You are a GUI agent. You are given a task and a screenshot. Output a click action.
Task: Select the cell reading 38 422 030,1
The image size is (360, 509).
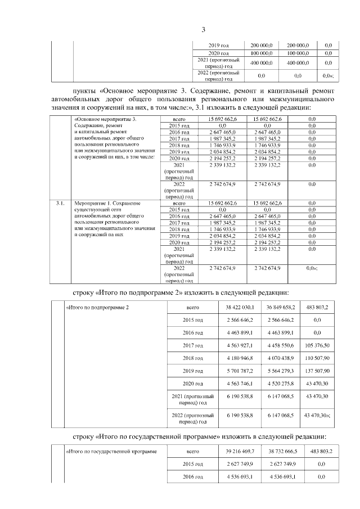[240, 308]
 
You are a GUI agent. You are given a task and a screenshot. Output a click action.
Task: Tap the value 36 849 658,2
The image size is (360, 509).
[281, 308]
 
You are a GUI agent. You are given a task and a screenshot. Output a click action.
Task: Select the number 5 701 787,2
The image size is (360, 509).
[240, 371]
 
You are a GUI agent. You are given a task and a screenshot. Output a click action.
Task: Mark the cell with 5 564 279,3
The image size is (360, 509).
[281, 371]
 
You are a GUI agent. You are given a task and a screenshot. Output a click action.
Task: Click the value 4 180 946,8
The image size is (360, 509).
[240, 358]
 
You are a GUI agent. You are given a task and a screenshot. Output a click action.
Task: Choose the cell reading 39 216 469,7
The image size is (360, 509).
[240, 451]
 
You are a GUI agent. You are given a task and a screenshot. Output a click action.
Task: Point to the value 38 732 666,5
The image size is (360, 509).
[281, 451]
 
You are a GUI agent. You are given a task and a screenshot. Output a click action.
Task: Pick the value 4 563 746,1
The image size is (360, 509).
[240, 384]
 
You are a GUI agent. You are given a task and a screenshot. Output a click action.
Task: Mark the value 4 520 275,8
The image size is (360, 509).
[281, 384]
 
